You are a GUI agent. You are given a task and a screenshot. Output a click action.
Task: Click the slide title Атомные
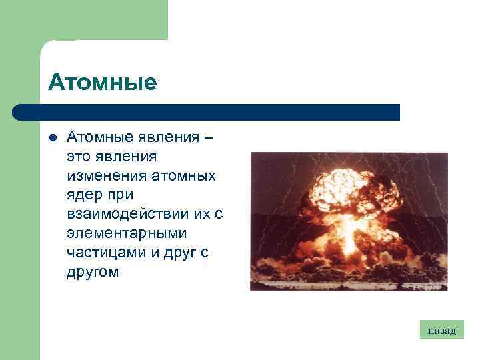102,83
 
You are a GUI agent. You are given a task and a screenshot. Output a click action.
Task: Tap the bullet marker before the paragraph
52,138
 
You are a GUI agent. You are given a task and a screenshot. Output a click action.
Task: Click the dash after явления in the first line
210,137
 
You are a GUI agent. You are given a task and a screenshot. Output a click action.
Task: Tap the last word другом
93,272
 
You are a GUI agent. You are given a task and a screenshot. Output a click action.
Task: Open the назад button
441,329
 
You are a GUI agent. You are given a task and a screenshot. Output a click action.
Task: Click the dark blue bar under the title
207,112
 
